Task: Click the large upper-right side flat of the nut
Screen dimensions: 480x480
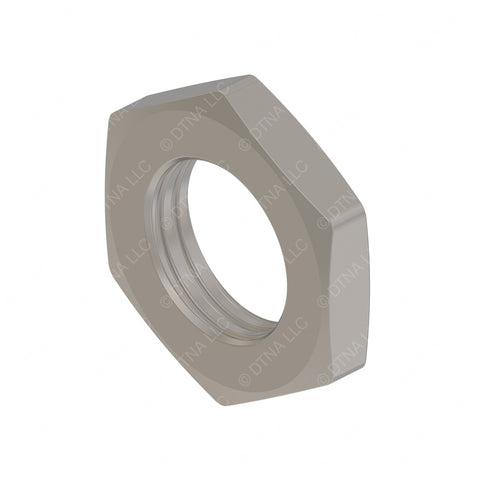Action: (300, 150)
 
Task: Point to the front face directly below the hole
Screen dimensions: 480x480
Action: (240, 370)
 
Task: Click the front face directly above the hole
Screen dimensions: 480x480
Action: (200, 130)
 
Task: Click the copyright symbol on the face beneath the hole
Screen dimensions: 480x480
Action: (245, 381)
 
